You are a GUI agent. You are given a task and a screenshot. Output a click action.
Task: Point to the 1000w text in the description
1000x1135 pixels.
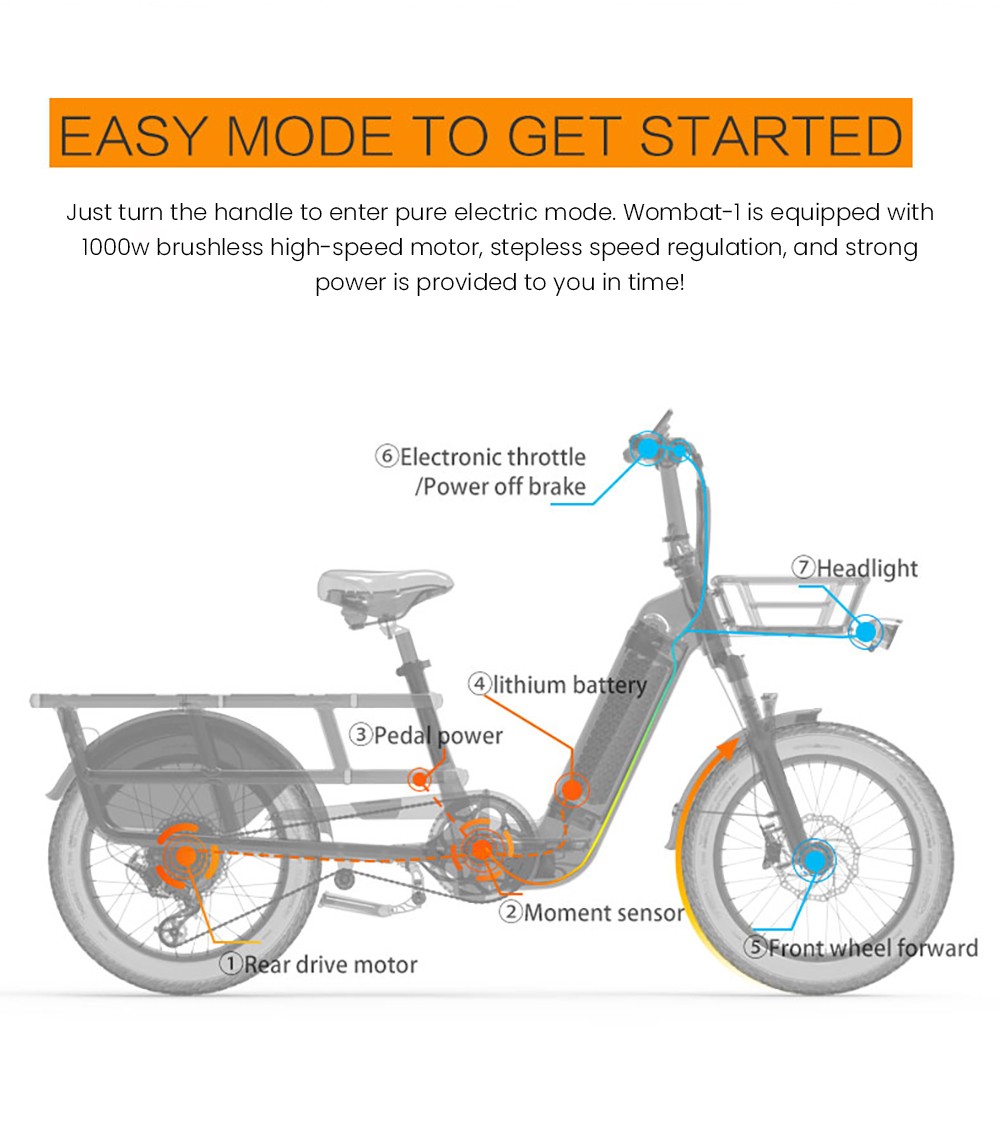coord(115,247)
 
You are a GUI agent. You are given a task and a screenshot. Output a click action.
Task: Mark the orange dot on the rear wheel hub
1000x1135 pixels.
coord(186,856)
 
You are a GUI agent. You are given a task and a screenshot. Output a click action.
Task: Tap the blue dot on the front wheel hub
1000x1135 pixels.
coord(814,859)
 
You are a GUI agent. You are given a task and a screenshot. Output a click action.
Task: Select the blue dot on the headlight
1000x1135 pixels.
coord(865,632)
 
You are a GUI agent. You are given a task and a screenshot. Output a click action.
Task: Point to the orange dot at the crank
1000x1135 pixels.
coord(482,852)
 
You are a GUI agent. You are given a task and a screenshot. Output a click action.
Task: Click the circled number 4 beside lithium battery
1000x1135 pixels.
coord(480,685)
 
